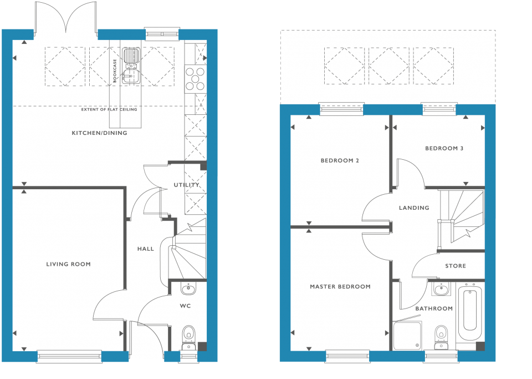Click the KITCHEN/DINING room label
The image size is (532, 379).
(99, 133)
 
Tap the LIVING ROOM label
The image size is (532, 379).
(69, 264)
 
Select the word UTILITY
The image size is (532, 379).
(186, 185)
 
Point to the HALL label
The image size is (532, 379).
(146, 249)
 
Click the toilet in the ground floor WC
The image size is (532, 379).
(188, 337)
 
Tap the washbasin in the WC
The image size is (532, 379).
(188, 289)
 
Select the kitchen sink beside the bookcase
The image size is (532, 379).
(131, 66)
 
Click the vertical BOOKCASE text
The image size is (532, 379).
(115, 70)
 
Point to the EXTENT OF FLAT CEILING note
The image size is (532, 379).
(109, 110)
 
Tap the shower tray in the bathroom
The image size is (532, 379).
(407, 336)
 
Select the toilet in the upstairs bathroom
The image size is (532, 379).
(441, 337)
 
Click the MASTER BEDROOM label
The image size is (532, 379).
(340, 287)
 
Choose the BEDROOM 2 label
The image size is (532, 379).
(340, 160)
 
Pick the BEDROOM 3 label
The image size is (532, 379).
(444, 148)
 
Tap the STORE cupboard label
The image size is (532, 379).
(456, 266)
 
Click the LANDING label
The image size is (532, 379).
(414, 208)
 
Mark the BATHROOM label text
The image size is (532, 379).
(434, 309)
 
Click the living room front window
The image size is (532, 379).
(69, 356)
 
